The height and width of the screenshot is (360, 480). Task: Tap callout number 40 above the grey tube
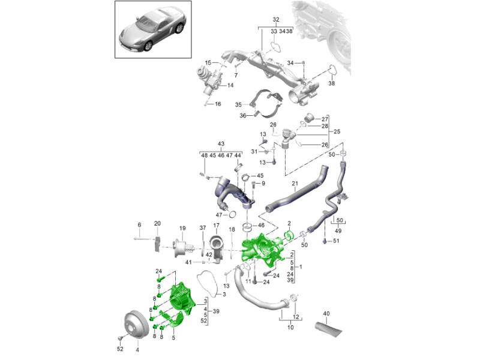[326, 313]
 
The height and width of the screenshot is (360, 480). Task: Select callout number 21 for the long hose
[295, 183]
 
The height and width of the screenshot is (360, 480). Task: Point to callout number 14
[230, 86]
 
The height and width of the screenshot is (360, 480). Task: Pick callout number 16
[218, 104]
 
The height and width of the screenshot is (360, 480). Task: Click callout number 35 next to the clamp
[238, 104]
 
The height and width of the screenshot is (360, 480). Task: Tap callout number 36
[244, 115]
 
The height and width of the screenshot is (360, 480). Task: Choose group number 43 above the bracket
[221, 144]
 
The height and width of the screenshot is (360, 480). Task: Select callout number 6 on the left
[139, 225]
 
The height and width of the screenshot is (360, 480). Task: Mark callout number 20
[157, 224]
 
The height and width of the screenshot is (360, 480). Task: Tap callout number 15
[208, 62]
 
